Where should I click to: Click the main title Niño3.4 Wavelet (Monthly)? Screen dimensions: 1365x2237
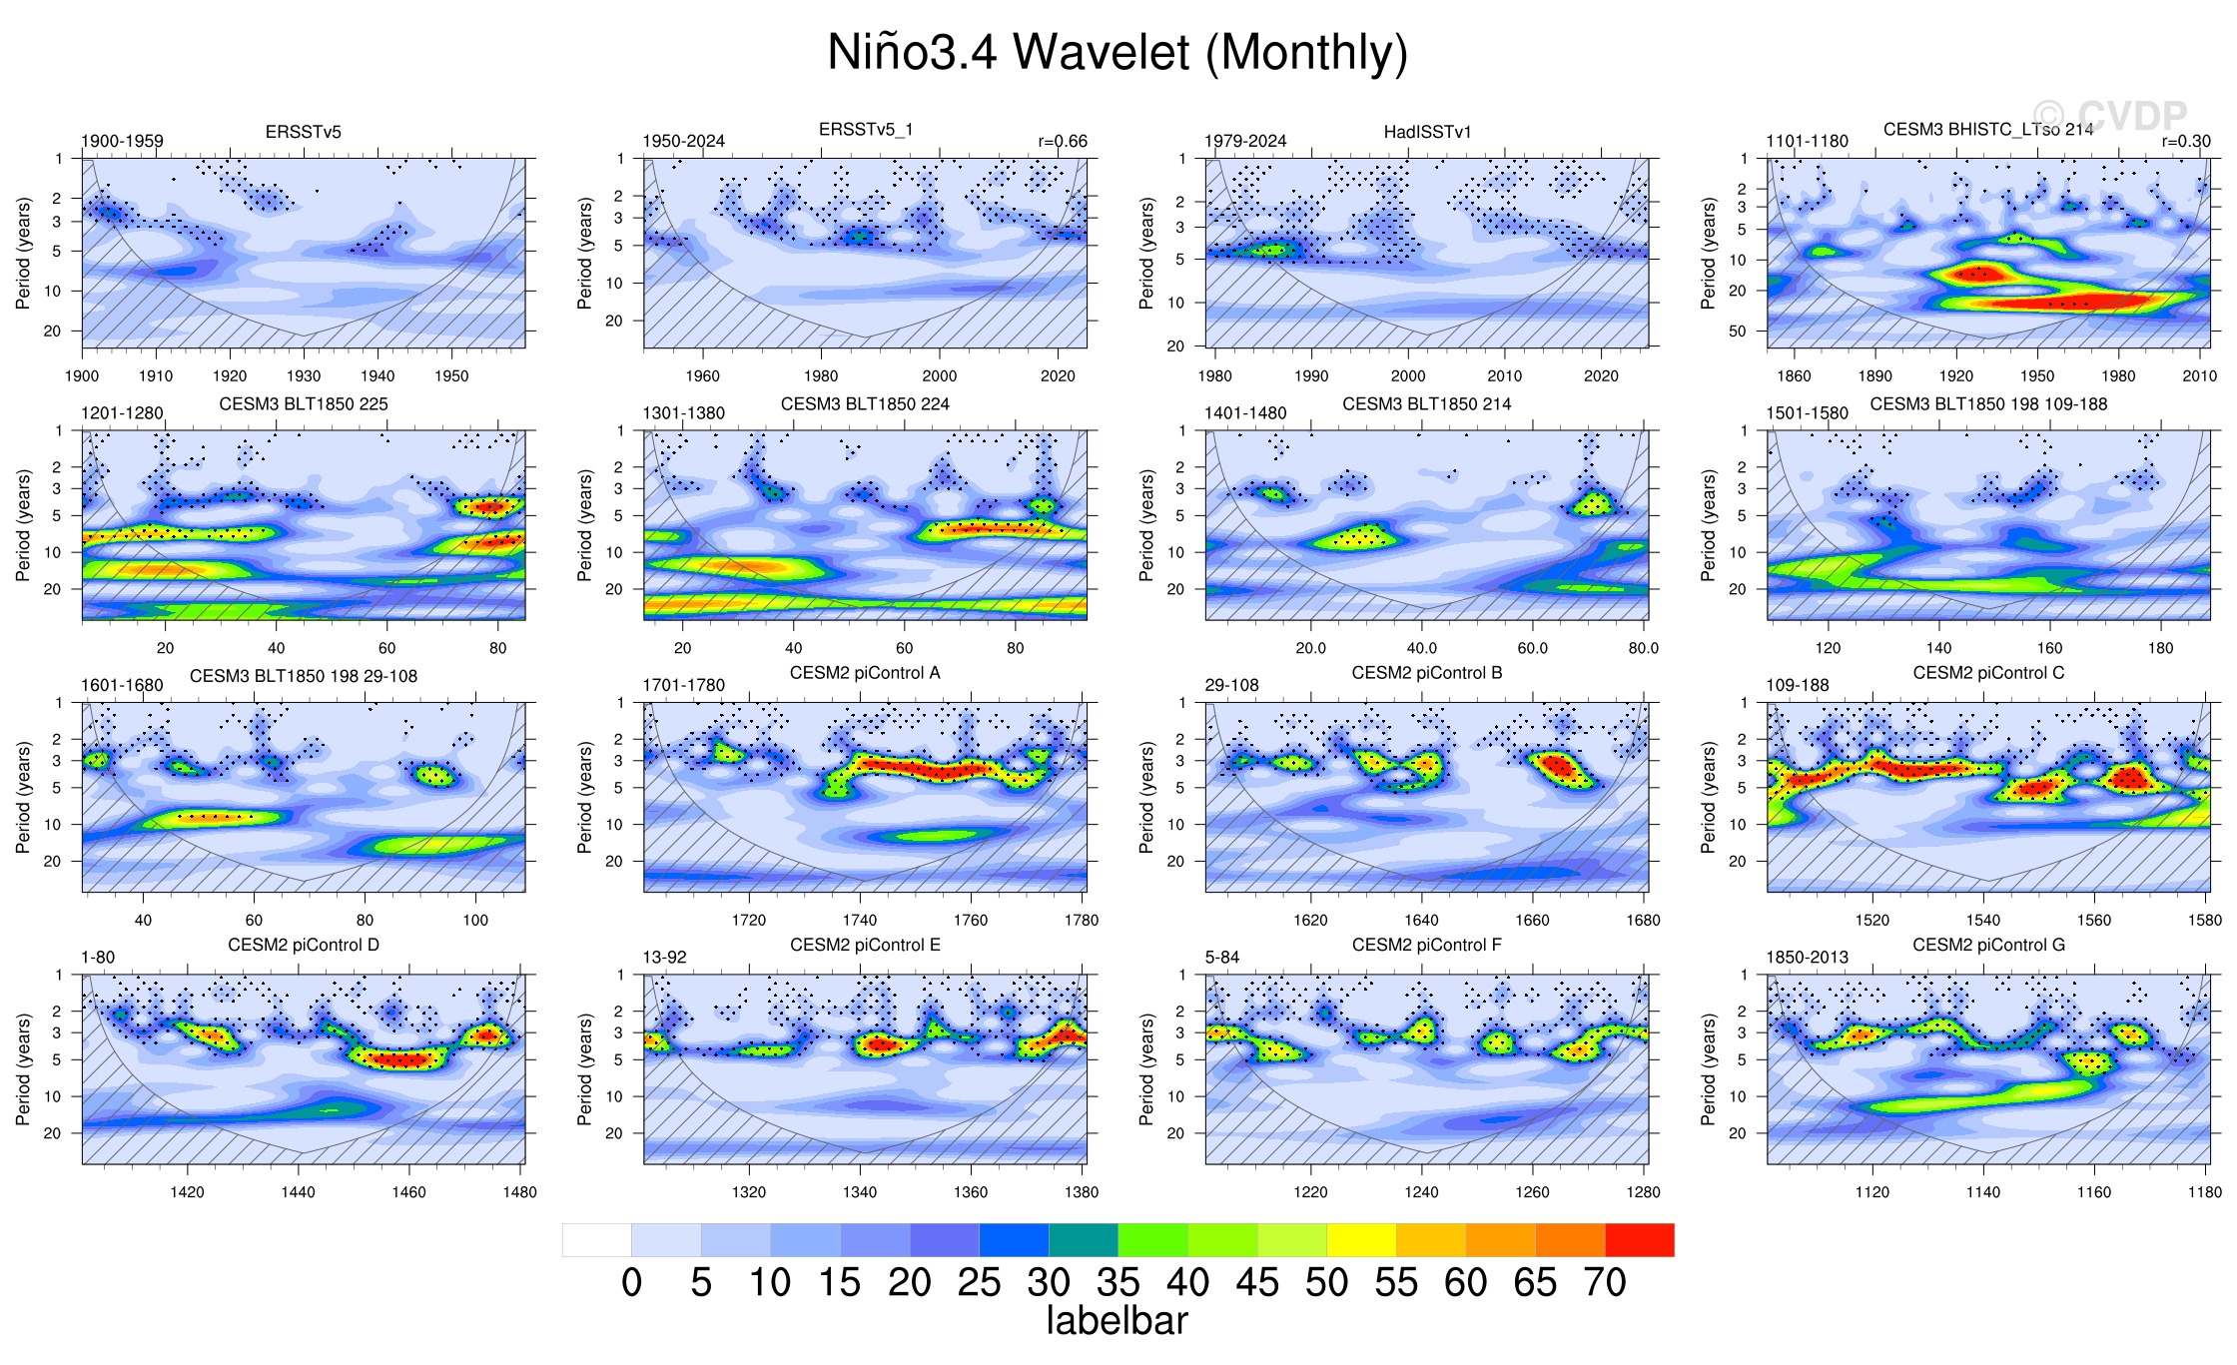point(1118,52)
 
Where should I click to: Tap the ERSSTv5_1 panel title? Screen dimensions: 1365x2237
point(866,130)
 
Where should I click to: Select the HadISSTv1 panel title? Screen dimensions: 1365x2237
point(1427,132)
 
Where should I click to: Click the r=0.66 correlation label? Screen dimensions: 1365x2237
point(1063,142)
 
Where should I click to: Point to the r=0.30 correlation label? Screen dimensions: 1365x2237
point(2186,142)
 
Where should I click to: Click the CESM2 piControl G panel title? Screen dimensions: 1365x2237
point(1988,945)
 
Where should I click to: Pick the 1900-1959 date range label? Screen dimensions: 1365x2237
point(122,142)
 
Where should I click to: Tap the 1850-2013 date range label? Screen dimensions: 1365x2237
point(1807,957)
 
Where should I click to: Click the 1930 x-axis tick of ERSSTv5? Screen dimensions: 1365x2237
point(304,376)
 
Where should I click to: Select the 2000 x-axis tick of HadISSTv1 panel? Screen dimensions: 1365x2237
point(1408,376)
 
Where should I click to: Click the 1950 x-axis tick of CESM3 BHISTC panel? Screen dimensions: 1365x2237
point(2037,376)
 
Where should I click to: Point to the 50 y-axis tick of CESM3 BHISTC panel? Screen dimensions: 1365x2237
point(1738,331)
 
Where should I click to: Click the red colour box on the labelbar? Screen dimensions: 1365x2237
point(1639,1240)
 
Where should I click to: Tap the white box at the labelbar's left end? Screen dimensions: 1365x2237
point(596,1240)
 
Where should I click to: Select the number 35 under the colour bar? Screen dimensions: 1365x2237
point(1118,1283)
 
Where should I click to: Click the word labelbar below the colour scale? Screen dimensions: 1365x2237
point(1117,1321)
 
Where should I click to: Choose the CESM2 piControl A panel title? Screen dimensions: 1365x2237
point(865,673)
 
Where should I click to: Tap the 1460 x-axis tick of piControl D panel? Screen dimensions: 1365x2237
point(408,1192)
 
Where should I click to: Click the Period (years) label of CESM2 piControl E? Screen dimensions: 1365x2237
point(584,1069)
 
